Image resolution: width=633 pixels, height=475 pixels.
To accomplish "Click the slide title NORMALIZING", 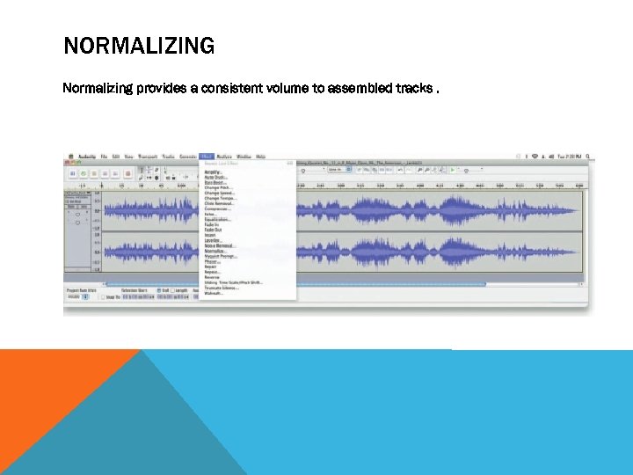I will point(139,46).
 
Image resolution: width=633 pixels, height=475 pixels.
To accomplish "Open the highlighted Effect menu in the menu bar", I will point(207,157).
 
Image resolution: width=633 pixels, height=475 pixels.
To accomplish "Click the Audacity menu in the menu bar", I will point(87,157).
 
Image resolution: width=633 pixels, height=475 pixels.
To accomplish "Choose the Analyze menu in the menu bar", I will point(225,157).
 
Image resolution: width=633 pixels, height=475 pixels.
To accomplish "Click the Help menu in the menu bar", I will point(261,157).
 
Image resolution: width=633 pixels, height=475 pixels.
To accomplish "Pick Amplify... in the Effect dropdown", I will point(213,172).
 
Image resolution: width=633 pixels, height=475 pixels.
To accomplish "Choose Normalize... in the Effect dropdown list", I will point(215,251).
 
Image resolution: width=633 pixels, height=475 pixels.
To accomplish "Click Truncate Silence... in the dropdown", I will point(222,288).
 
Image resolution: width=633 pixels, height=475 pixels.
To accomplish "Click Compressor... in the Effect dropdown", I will point(217,209).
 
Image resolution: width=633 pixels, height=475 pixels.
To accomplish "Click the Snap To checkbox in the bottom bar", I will point(102,297).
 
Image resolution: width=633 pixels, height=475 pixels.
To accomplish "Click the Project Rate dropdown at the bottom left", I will point(77,297).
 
